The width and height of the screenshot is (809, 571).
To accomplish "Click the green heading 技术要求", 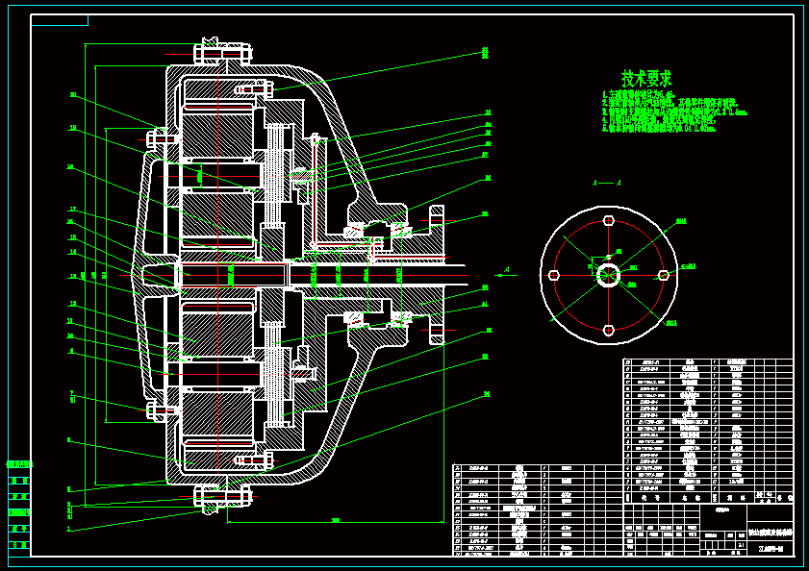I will (x=646, y=78).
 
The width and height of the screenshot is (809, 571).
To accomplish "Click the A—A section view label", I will (x=606, y=183).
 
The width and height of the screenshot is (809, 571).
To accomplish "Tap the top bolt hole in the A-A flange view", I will (x=608, y=220).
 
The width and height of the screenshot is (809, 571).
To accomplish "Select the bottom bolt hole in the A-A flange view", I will (x=608, y=330).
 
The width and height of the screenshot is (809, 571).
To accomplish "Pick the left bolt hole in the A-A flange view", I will (x=554, y=275).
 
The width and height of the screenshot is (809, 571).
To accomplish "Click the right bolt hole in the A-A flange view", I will (x=662, y=275).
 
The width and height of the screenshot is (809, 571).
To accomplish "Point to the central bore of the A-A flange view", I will (x=608, y=275).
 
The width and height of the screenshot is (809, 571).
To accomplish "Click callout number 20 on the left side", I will (x=72, y=95).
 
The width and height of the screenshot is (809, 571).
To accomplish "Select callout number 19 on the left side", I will (x=72, y=128).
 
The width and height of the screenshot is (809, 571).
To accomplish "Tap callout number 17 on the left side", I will (x=72, y=210).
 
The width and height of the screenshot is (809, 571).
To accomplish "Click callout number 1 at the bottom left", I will (x=69, y=528).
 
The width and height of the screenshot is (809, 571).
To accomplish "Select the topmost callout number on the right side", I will (x=486, y=51).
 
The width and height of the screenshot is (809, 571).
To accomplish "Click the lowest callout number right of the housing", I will (x=487, y=394).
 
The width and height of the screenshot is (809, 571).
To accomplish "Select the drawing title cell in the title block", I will (x=771, y=532).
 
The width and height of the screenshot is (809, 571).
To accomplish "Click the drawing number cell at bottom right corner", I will (x=771, y=549).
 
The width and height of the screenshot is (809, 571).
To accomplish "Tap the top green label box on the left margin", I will (x=19, y=464).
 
